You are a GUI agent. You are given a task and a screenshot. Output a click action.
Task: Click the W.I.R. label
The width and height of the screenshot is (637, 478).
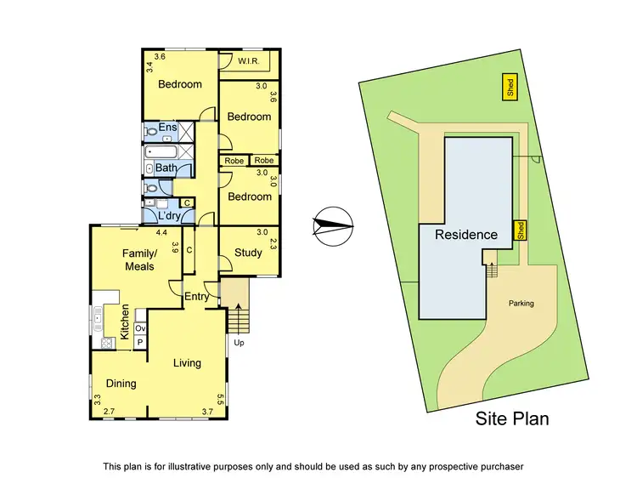249,61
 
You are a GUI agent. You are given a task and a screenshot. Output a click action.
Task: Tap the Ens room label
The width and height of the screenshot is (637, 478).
167,128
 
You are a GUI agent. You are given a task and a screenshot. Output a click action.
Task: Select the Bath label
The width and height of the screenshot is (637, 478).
166,168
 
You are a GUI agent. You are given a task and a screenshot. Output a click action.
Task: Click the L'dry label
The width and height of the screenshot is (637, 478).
172,217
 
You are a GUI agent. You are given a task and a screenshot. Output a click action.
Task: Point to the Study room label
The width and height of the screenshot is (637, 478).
248,253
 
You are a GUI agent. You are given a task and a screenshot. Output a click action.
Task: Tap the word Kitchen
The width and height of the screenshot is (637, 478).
124,322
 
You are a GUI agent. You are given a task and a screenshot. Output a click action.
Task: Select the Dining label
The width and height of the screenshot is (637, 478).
121,384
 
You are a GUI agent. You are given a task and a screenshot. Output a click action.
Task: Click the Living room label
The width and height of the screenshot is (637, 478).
187,363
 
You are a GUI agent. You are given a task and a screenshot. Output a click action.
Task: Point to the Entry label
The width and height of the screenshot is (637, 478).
196,297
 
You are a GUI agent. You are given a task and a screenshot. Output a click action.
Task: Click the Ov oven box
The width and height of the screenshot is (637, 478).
140,328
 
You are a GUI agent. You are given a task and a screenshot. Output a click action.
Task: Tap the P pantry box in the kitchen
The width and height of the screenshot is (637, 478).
140,342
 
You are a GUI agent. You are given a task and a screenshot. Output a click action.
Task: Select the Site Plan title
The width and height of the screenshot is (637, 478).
512,418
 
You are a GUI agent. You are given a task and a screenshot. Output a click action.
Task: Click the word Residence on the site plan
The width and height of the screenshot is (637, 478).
466,235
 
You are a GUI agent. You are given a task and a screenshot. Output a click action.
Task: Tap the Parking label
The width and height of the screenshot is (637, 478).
521,303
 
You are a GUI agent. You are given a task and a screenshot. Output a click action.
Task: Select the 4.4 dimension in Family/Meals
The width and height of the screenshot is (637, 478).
161,231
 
